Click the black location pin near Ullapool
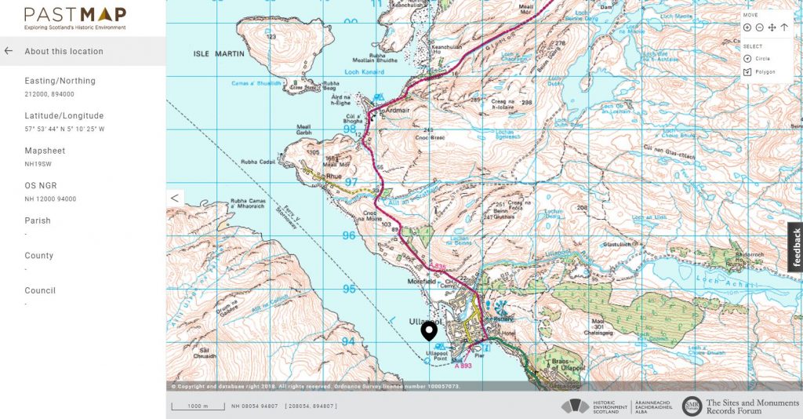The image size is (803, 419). tap(429, 330)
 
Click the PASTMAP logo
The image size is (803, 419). tap(74, 15)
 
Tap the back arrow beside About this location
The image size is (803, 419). tap(9, 51)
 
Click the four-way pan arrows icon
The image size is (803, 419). tap(772, 27)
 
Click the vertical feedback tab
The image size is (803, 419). tap(796, 247)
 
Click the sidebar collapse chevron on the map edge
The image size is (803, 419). tap(176, 198)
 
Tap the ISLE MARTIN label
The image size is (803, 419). tap(219, 53)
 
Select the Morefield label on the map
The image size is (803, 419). tap(421, 282)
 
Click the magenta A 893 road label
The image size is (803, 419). tap(463, 366)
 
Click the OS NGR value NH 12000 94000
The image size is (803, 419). tap(50, 199)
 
